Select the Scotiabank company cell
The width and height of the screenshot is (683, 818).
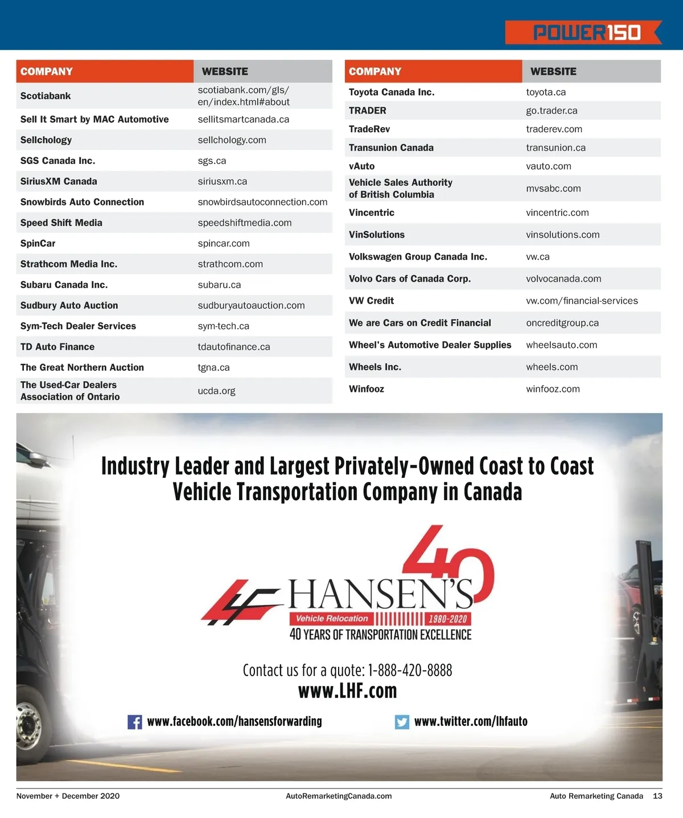coord(46,96)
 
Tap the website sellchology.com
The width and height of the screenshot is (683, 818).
coord(232,140)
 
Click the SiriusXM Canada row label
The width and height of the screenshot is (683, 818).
coord(59,181)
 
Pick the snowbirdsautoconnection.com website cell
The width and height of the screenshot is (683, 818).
coord(262,202)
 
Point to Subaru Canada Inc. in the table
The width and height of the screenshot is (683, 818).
coord(64,285)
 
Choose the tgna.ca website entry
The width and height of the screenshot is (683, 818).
coord(213,367)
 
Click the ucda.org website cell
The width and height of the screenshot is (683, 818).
coord(216,391)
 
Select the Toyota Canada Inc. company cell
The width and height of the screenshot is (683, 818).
coord(392,92)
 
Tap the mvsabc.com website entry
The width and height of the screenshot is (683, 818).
coord(553,189)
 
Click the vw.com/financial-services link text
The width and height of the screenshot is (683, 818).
coord(582,301)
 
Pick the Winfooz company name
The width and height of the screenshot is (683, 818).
coord(367,389)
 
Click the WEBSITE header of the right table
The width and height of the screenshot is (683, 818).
coord(553,72)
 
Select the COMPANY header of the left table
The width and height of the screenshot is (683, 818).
coord(47,72)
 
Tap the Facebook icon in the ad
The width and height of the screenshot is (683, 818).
coord(135,722)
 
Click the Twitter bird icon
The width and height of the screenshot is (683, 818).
coord(402,722)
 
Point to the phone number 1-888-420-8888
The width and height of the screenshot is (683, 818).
coord(410,670)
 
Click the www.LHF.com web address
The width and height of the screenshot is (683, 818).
coord(347,691)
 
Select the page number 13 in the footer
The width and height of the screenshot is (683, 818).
coord(657,796)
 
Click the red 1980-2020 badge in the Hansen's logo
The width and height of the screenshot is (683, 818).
coord(448,619)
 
